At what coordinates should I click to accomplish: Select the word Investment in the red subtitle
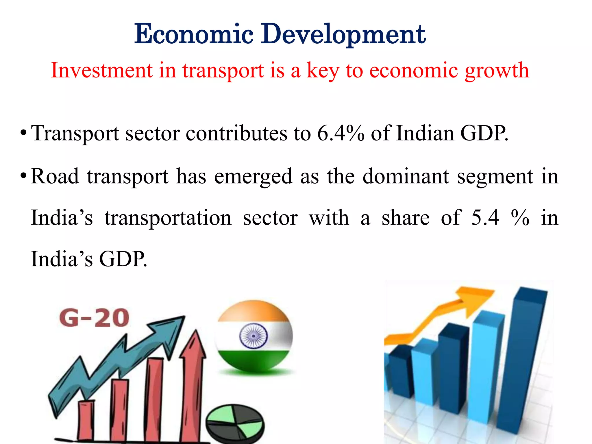(101, 71)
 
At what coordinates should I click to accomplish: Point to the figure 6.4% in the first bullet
(341, 134)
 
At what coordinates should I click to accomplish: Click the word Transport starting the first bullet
(75, 134)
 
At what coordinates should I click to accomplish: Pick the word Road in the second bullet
(55, 176)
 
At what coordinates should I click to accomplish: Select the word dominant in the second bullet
(406, 176)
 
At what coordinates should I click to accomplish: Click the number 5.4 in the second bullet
(485, 217)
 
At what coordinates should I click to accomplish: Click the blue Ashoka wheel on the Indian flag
(253, 336)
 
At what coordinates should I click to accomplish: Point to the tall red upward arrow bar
(192, 384)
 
